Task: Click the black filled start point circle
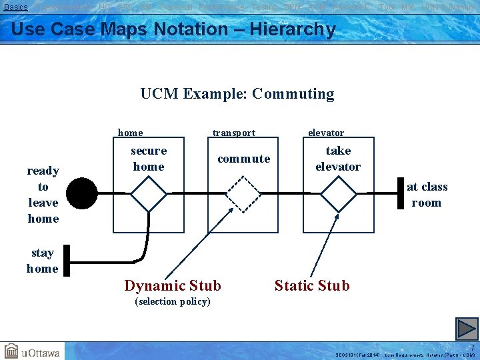point(81,194)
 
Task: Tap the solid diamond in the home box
point(148,194)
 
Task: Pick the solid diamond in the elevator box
point(339,194)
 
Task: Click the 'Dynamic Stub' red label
point(173,286)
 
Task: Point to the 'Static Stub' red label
point(312,286)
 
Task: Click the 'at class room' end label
point(427,195)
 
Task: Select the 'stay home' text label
point(42,261)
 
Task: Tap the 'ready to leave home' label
point(43,195)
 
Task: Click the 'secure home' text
point(149,159)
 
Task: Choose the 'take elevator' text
point(338,159)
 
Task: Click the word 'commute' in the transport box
point(244,159)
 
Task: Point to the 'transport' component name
point(233,133)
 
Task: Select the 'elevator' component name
point(326,133)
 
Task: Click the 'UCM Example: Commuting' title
point(237,94)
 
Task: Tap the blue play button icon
point(467,328)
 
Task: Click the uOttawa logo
point(31,351)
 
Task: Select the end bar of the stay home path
point(67,260)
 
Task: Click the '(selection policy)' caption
point(173,302)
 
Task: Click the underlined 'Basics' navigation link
point(16,7)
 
